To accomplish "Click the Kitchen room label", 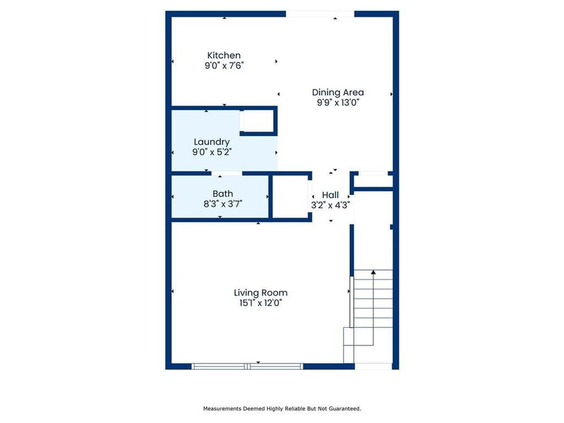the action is click(224, 55).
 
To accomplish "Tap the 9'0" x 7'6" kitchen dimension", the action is click(224, 66).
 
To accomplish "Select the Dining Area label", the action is click(338, 93).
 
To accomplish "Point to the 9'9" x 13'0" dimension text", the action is click(338, 103).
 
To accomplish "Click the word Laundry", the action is click(211, 142).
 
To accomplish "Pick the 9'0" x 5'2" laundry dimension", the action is click(211, 152).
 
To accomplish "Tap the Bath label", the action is click(223, 194).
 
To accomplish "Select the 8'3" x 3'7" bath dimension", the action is click(223, 204).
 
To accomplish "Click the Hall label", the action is click(330, 195).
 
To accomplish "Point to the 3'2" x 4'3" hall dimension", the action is click(330, 205).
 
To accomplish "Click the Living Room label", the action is click(261, 293).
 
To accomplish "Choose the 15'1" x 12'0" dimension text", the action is click(261, 303).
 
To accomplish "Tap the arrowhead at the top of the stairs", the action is click(373, 273).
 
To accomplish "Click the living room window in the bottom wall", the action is click(247, 367).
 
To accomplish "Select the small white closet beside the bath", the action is click(290, 197).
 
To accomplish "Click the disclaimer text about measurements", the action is click(282, 409).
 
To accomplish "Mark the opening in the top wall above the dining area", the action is click(320, 14).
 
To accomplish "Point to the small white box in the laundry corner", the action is click(258, 121).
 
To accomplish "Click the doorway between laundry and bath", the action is click(227, 173).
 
